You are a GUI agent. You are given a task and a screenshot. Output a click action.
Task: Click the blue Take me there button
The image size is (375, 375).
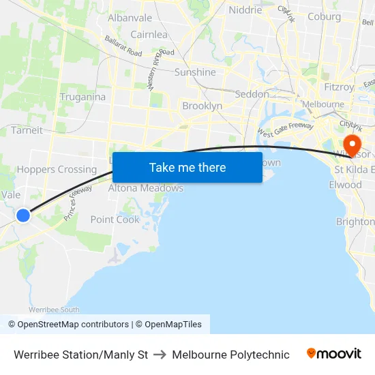[187, 167]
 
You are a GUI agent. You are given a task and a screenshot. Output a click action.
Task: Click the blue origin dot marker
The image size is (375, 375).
[23, 215]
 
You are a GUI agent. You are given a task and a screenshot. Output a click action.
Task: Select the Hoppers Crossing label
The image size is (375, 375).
[57, 170]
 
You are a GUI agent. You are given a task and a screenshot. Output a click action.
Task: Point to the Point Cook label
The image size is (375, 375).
[115, 220]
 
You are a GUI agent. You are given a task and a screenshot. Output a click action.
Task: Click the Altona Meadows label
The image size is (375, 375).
[146, 188]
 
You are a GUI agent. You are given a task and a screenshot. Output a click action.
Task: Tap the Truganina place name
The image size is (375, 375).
[82, 97]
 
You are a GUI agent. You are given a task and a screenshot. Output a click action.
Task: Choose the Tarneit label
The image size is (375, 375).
[27, 130]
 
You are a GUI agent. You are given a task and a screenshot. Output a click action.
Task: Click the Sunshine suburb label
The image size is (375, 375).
[195, 72]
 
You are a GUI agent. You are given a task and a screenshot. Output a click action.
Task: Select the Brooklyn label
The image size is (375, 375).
[202, 106]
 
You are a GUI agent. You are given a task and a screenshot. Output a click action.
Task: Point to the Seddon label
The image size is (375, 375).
[252, 94]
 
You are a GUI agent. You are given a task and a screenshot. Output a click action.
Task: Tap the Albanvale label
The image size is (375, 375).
[130, 18]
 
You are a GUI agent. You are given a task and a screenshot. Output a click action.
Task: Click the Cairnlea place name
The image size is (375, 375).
[149, 34]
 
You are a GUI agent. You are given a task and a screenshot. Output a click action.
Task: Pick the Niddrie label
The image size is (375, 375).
[245, 10]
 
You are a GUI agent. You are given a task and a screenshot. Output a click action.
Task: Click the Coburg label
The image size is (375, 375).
[325, 17]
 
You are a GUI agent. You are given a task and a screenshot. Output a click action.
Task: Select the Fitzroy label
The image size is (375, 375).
[339, 87]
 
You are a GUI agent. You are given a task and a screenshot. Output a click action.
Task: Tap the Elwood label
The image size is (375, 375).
[345, 185]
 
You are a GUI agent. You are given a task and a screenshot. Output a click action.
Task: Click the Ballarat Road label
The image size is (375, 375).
[123, 47]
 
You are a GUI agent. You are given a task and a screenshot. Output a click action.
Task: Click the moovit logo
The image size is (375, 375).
[334, 354]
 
